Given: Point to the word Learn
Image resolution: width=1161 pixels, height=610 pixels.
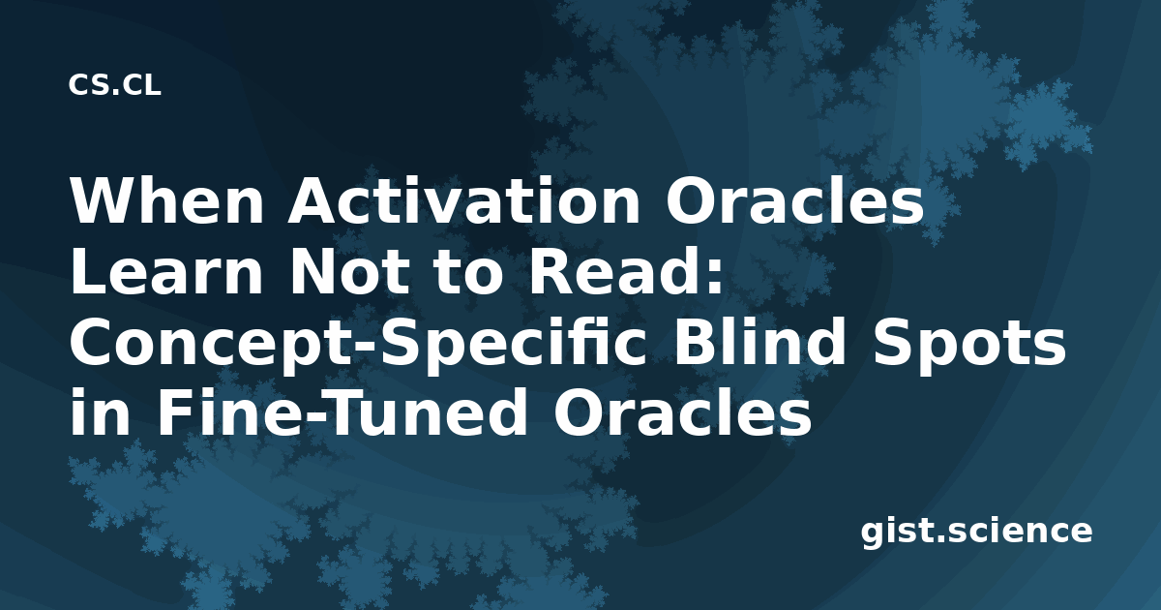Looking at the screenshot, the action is pyautogui.click(x=166, y=271).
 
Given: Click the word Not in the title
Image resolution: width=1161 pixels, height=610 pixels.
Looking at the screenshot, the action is pyautogui.click(x=350, y=271).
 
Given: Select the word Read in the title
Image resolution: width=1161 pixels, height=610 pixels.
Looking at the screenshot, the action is pyautogui.click(x=608, y=271).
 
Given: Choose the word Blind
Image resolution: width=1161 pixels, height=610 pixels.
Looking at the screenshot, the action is pyautogui.click(x=759, y=342).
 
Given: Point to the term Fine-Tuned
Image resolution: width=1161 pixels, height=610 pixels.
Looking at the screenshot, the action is pyautogui.click(x=342, y=412).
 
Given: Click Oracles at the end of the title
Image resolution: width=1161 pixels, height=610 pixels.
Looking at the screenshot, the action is pyautogui.click(x=682, y=412).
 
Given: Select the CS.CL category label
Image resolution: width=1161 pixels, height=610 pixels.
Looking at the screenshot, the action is pyautogui.click(x=114, y=84).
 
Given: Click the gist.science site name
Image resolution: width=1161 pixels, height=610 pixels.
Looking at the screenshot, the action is pyautogui.click(x=976, y=531).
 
